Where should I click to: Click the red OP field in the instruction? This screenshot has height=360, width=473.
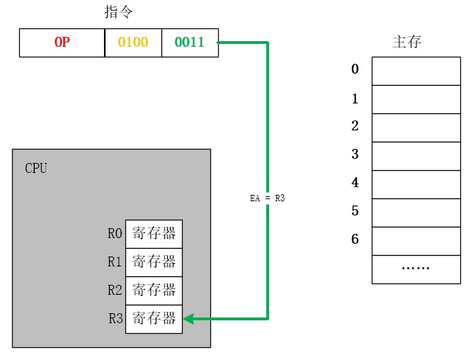pyautogui.click(x=62, y=43)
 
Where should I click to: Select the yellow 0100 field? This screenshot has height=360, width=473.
pyautogui.click(x=133, y=43)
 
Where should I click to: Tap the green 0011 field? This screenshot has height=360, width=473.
pyautogui.click(x=190, y=43)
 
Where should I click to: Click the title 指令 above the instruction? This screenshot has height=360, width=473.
pyautogui.click(x=118, y=12)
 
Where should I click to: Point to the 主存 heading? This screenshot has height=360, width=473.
pyautogui.click(x=407, y=41)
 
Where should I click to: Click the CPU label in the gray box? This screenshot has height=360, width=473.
pyautogui.click(x=36, y=168)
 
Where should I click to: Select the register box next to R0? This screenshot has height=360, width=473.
pyautogui.click(x=154, y=234)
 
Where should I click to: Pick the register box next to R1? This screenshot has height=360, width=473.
pyautogui.click(x=154, y=262)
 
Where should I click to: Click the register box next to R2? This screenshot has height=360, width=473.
pyautogui.click(x=154, y=291)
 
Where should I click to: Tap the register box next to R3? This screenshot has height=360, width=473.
pyautogui.click(x=154, y=319)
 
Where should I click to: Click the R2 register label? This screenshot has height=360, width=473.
pyautogui.click(x=115, y=291)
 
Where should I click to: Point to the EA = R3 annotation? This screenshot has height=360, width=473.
pyautogui.click(x=268, y=199)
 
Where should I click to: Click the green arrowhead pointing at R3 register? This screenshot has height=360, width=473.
pyautogui.click(x=189, y=319)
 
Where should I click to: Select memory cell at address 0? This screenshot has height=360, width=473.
pyautogui.click(x=416, y=71)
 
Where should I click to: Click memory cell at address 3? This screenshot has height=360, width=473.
pyautogui.click(x=416, y=156)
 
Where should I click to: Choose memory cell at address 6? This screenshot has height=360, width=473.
pyautogui.click(x=416, y=241)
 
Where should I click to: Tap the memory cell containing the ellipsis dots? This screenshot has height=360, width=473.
pyautogui.click(x=416, y=269)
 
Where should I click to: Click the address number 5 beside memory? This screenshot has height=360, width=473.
pyautogui.click(x=355, y=211)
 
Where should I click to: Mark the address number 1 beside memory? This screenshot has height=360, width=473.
pyautogui.click(x=355, y=99)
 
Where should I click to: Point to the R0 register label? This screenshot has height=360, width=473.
pyautogui.click(x=115, y=234)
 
